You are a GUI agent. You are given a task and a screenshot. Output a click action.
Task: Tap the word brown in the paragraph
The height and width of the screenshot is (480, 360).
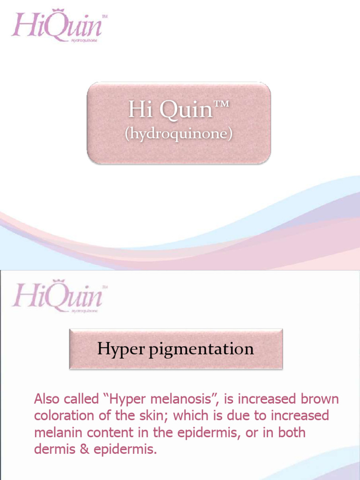click(319, 399)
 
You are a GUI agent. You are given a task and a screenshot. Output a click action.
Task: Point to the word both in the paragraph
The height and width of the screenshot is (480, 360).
click(292, 432)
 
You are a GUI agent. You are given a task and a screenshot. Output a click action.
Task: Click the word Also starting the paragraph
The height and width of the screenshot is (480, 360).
click(47, 399)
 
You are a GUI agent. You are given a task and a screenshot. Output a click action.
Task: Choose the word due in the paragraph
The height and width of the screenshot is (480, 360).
click(236, 416)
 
